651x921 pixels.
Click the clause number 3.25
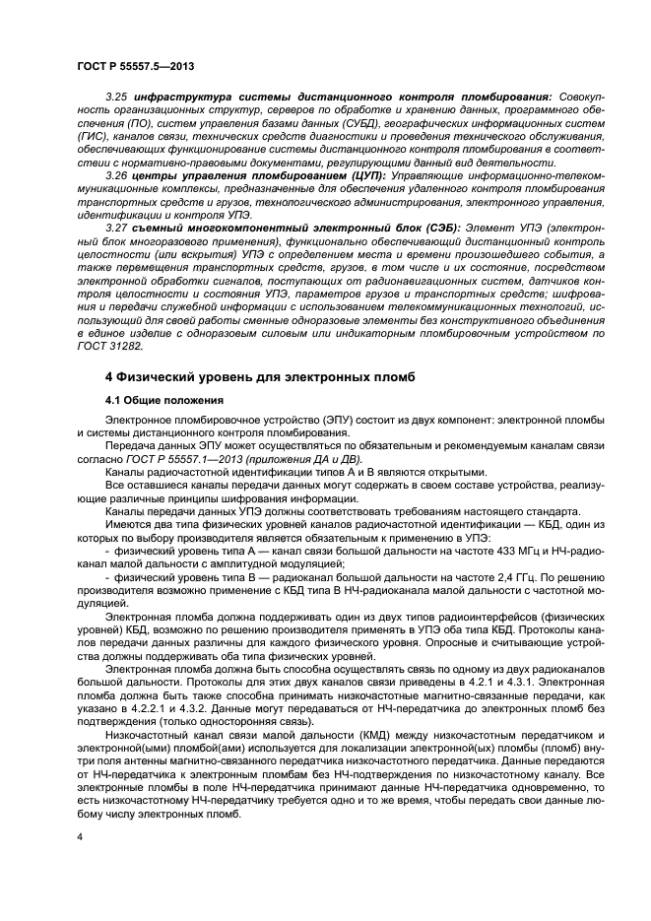pos(116,99)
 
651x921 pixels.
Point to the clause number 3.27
pos(116,227)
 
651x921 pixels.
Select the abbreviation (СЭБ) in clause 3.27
pos(370,227)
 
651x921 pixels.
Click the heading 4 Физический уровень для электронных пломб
pos(260,377)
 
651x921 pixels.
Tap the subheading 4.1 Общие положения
pos(163,401)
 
